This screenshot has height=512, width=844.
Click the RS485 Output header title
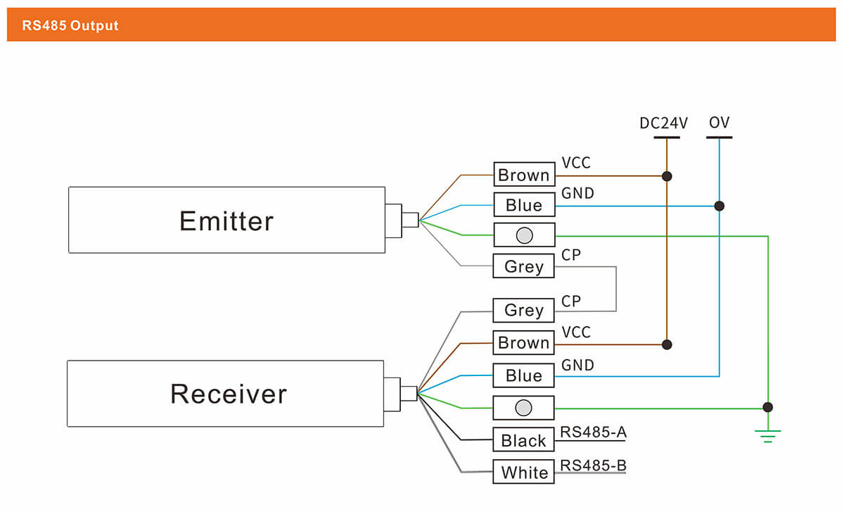(70, 26)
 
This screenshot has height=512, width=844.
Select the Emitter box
(226, 220)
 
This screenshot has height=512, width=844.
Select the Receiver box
(226, 393)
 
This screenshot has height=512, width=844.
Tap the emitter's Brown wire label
(523, 175)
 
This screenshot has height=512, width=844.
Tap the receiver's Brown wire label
(523, 343)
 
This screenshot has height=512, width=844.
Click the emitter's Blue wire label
(523, 205)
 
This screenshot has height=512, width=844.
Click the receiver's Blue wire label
(523, 375)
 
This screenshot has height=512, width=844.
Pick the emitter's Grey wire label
(523, 266)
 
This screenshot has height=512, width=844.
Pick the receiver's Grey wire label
(523, 310)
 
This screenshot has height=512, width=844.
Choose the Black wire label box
(523, 440)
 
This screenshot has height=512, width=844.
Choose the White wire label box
(523, 472)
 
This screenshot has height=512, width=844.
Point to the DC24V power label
(663, 123)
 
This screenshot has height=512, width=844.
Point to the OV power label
(720, 123)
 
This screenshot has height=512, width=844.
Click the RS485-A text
(592, 432)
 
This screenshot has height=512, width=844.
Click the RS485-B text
(592, 465)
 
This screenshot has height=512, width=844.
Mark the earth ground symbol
(768, 435)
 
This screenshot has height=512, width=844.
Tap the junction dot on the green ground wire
(768, 407)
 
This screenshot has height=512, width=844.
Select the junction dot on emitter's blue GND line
(719, 206)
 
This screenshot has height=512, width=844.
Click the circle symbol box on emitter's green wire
(523, 235)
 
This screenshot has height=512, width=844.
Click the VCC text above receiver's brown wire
(576, 332)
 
